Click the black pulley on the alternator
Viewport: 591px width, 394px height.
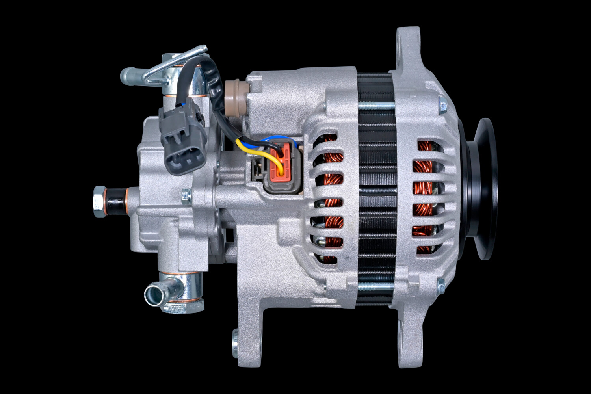pos(483,189)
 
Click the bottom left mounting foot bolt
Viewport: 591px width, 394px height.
pos(236,341)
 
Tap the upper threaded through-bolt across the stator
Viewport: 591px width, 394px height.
pos(376,105)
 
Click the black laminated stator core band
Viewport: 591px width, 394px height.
pos(376,189)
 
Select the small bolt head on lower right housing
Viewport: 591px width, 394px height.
pos(441,283)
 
